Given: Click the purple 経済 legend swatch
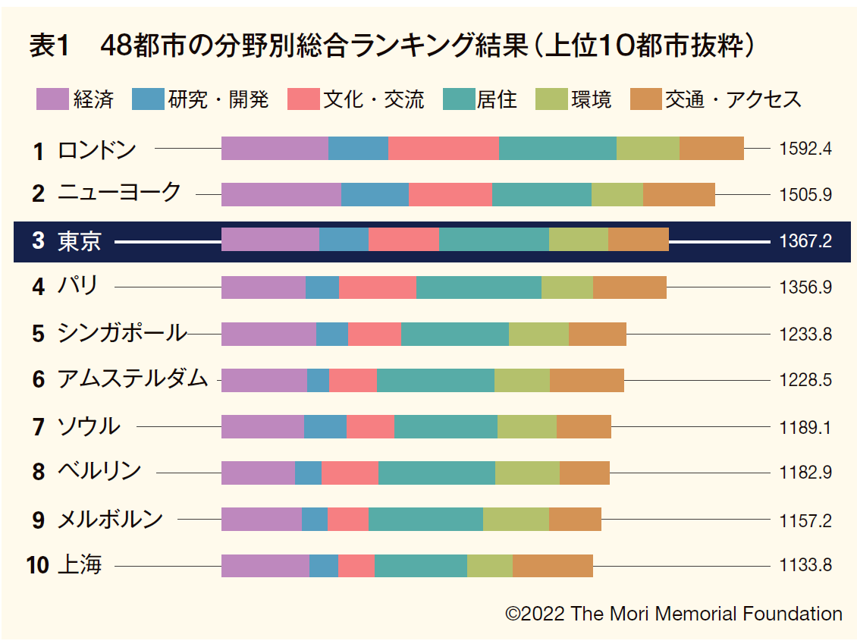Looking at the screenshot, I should pos(52,99).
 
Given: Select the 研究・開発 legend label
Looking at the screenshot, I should pos(218,99).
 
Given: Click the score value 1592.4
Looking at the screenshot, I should pos(805,149).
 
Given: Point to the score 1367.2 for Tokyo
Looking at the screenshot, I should pos(805,241).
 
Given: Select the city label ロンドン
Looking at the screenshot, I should pos(96,149).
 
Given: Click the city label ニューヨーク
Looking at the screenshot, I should pos(119,193).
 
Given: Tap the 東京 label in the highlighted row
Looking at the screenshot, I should pos(79,241).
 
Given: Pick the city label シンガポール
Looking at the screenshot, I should pos(121,333).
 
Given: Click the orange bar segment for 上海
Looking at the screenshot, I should pos(552,566).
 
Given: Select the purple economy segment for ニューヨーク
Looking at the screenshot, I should pos(281,194).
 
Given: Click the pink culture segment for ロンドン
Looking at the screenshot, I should pos(443,149).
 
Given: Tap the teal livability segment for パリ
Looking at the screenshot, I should pos(479,287).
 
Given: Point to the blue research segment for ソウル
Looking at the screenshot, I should pos(325,426).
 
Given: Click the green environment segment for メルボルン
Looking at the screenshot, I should pos(516,519).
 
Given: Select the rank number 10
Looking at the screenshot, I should pos(38,566).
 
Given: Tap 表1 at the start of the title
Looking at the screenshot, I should pos(48,47).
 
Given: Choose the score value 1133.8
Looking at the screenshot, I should pos(805,566).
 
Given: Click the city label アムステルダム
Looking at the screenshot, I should pos(132,379).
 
